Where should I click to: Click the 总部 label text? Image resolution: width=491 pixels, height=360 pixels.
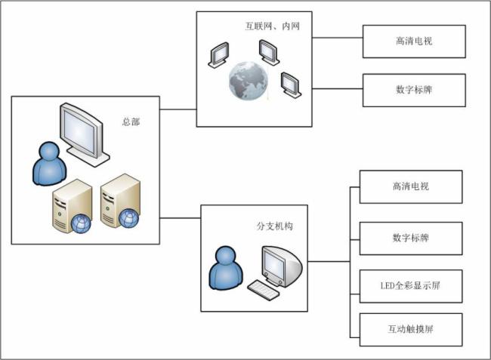(131, 122)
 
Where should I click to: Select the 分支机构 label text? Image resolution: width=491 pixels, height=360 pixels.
(274, 226)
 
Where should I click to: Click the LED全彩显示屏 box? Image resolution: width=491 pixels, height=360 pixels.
(411, 286)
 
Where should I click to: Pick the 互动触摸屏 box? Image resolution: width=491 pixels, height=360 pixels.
(411, 329)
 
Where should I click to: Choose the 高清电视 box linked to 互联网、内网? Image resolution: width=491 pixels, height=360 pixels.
(414, 42)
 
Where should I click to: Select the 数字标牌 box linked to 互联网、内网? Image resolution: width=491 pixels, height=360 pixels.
(414, 89)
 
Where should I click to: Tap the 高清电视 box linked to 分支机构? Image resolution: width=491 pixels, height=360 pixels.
(411, 186)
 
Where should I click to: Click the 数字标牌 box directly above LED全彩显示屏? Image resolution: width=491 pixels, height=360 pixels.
(411, 238)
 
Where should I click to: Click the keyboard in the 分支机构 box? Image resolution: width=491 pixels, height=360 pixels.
(264, 289)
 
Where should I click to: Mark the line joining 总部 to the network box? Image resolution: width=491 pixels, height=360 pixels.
(178, 109)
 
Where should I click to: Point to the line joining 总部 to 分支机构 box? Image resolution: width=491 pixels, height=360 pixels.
(181, 218)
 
